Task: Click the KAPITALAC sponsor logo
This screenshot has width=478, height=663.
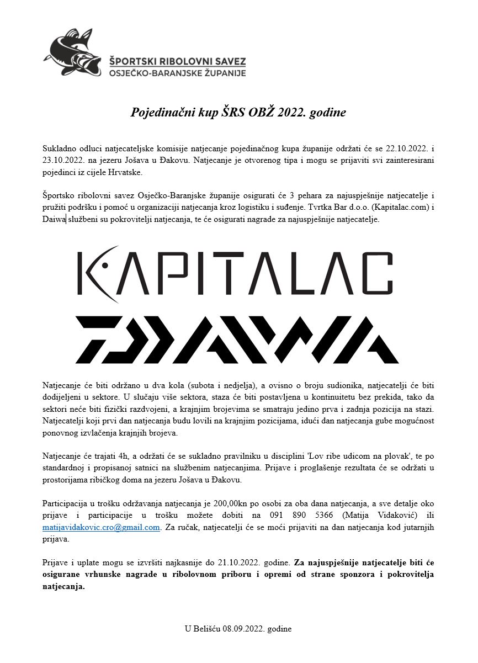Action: click(235, 274)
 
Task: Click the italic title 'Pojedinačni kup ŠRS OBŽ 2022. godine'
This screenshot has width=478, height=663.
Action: click(238, 113)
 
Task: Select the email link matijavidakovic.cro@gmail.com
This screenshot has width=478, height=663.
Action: click(101, 527)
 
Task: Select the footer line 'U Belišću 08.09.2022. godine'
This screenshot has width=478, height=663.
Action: click(238, 629)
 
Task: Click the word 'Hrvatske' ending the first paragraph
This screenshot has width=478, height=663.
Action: click(110, 172)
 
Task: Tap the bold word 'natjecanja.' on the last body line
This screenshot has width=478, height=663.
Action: click(63, 586)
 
